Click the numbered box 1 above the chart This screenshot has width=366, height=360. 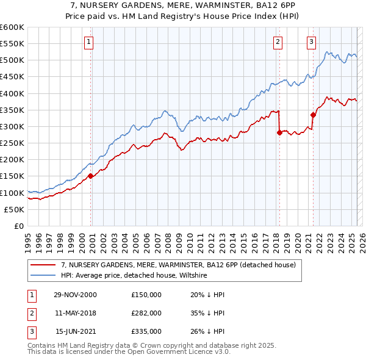pyautogui.click(x=89, y=42)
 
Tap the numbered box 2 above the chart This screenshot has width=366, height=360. pyautogui.click(x=278, y=42)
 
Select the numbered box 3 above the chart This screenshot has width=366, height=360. pyautogui.click(x=311, y=42)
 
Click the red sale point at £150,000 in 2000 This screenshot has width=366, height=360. pyautogui.click(x=91, y=176)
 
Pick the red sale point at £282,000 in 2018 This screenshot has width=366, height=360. pyautogui.click(x=279, y=132)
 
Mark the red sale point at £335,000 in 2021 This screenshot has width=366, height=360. pyautogui.click(x=313, y=114)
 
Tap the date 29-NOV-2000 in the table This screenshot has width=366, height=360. pyautogui.click(x=75, y=294)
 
